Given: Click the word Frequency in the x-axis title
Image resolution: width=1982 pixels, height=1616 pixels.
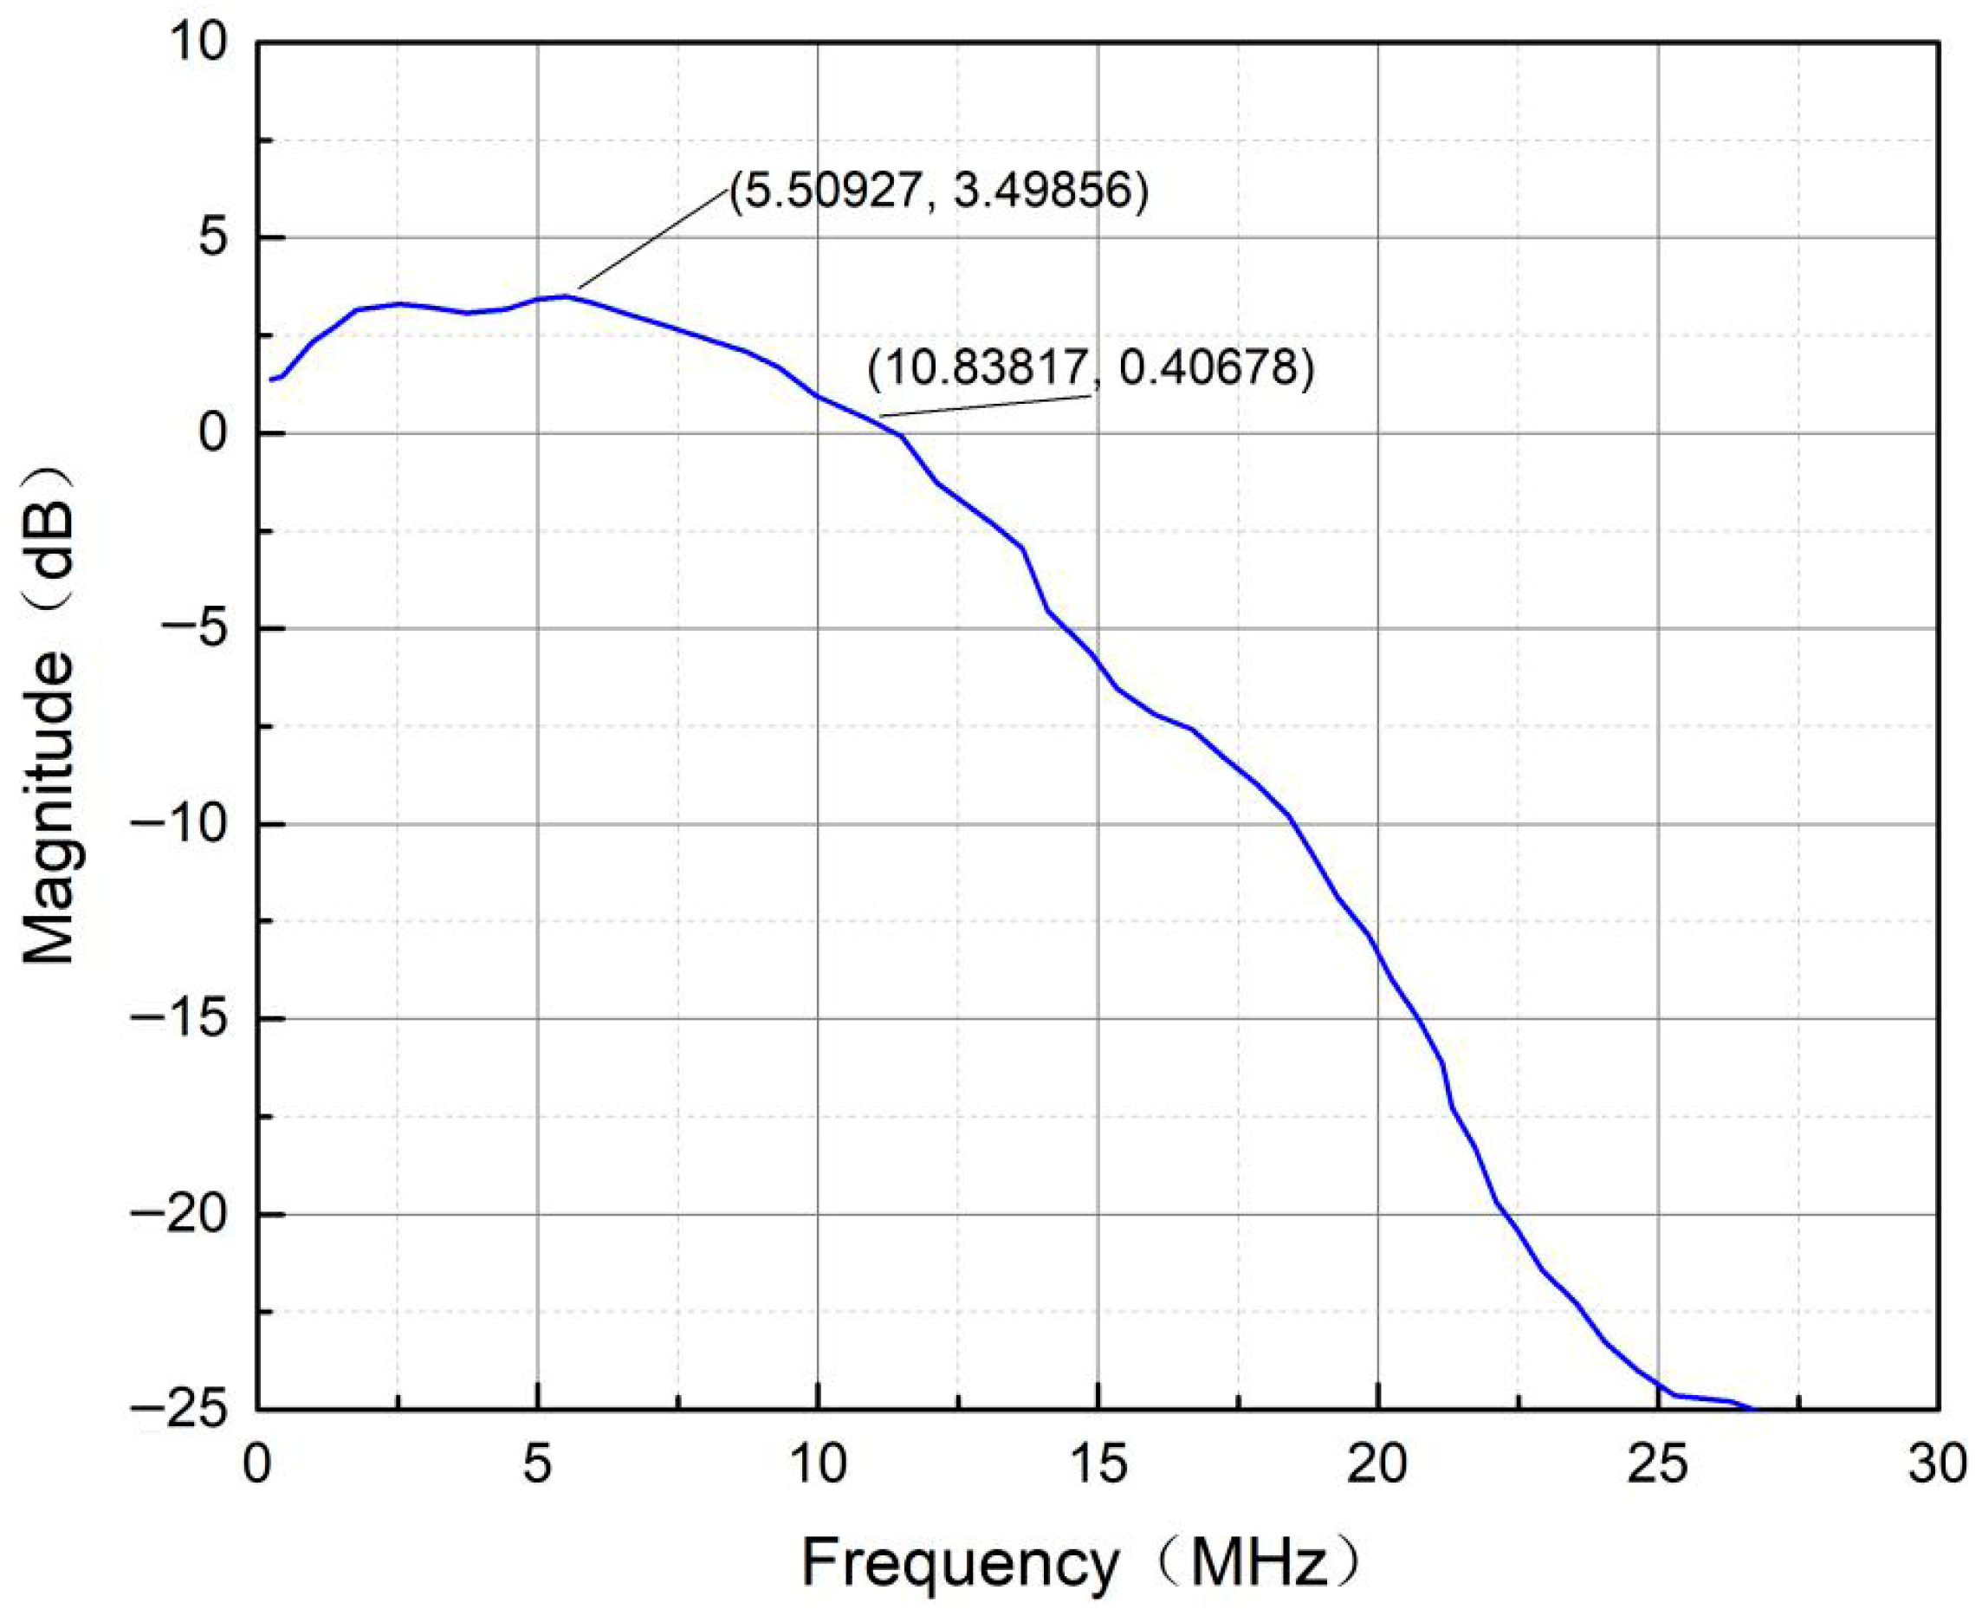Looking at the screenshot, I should pos(961,1564).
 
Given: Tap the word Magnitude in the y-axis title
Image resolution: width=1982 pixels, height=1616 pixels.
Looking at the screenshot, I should pos(49,810).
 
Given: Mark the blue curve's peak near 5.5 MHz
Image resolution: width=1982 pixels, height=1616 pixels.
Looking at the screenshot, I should pos(566,296).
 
